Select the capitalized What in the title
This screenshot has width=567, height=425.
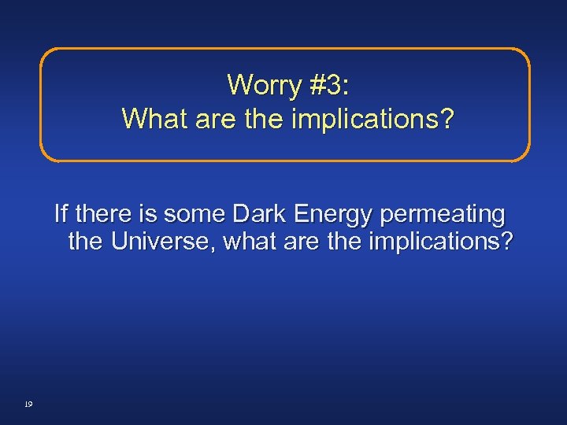[152, 119]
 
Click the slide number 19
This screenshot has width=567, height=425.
[28, 404]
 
